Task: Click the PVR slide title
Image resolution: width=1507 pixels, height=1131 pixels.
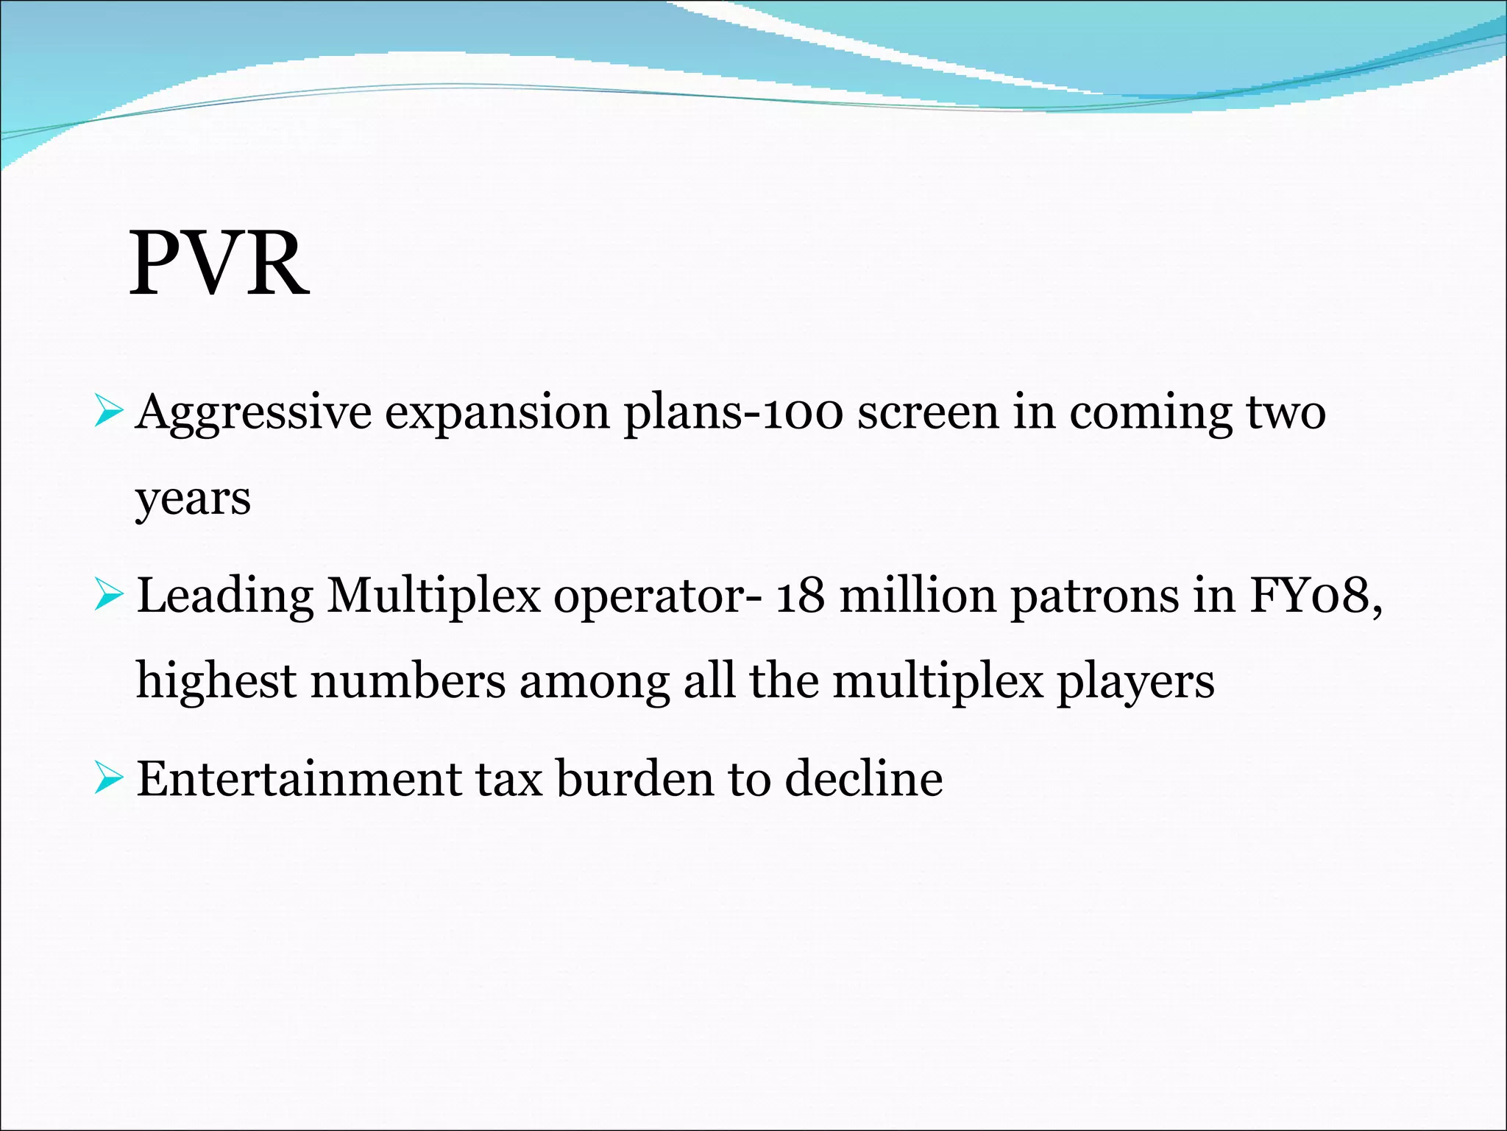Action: pyautogui.click(x=219, y=264)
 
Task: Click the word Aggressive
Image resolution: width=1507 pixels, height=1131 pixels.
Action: pyautogui.click(x=254, y=412)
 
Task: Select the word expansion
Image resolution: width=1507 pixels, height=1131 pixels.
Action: pyautogui.click(x=497, y=412)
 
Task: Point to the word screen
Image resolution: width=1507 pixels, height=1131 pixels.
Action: pyautogui.click(x=928, y=412)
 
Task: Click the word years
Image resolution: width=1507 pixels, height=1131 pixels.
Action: pyautogui.click(x=193, y=499)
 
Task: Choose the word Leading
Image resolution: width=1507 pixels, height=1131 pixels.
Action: pyautogui.click(x=224, y=596)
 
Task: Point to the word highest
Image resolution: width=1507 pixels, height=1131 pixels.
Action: pyautogui.click(x=216, y=681)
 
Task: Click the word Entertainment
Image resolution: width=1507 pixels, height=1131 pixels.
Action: pyautogui.click(x=299, y=779)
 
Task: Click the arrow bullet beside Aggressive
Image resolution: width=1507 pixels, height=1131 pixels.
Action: pyautogui.click(x=108, y=413)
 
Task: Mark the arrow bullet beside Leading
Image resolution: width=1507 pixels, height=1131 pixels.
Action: pyautogui.click(x=108, y=596)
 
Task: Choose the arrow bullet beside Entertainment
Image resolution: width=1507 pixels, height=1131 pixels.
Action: pyautogui.click(x=108, y=780)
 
